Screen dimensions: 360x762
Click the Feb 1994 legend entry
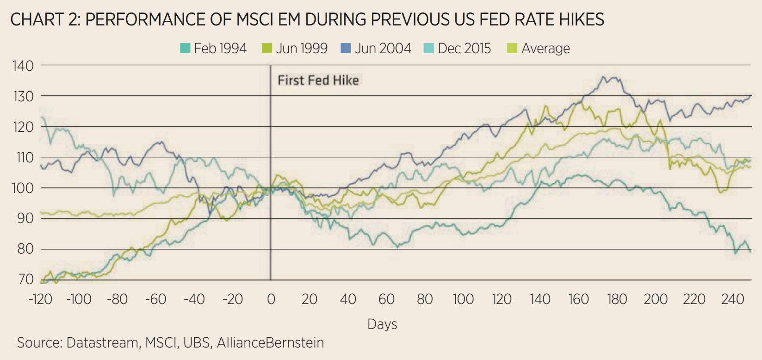pos(213,49)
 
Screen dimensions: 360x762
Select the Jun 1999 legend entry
pos(295,49)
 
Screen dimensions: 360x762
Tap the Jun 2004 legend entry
pos(376,49)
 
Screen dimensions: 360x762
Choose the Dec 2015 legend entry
pos(457,49)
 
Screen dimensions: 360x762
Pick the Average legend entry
pos(539,49)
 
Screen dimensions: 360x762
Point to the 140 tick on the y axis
pos(23,66)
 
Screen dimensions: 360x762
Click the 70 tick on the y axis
pos(26,279)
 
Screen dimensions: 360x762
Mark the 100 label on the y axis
pos(23,188)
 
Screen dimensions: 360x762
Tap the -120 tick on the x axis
pos(40,299)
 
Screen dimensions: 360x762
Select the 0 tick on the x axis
pos(271,299)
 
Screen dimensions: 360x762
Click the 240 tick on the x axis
pos(732,299)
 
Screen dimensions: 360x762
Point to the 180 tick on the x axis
pos(617,299)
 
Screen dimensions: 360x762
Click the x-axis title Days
pos(382,324)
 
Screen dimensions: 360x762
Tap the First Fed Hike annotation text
pos(318,81)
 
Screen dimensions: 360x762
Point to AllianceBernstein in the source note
pos(270,343)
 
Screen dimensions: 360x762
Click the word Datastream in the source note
pos(103,343)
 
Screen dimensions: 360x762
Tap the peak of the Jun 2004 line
pos(604,77)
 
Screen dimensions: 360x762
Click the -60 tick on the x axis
pos(155,299)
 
